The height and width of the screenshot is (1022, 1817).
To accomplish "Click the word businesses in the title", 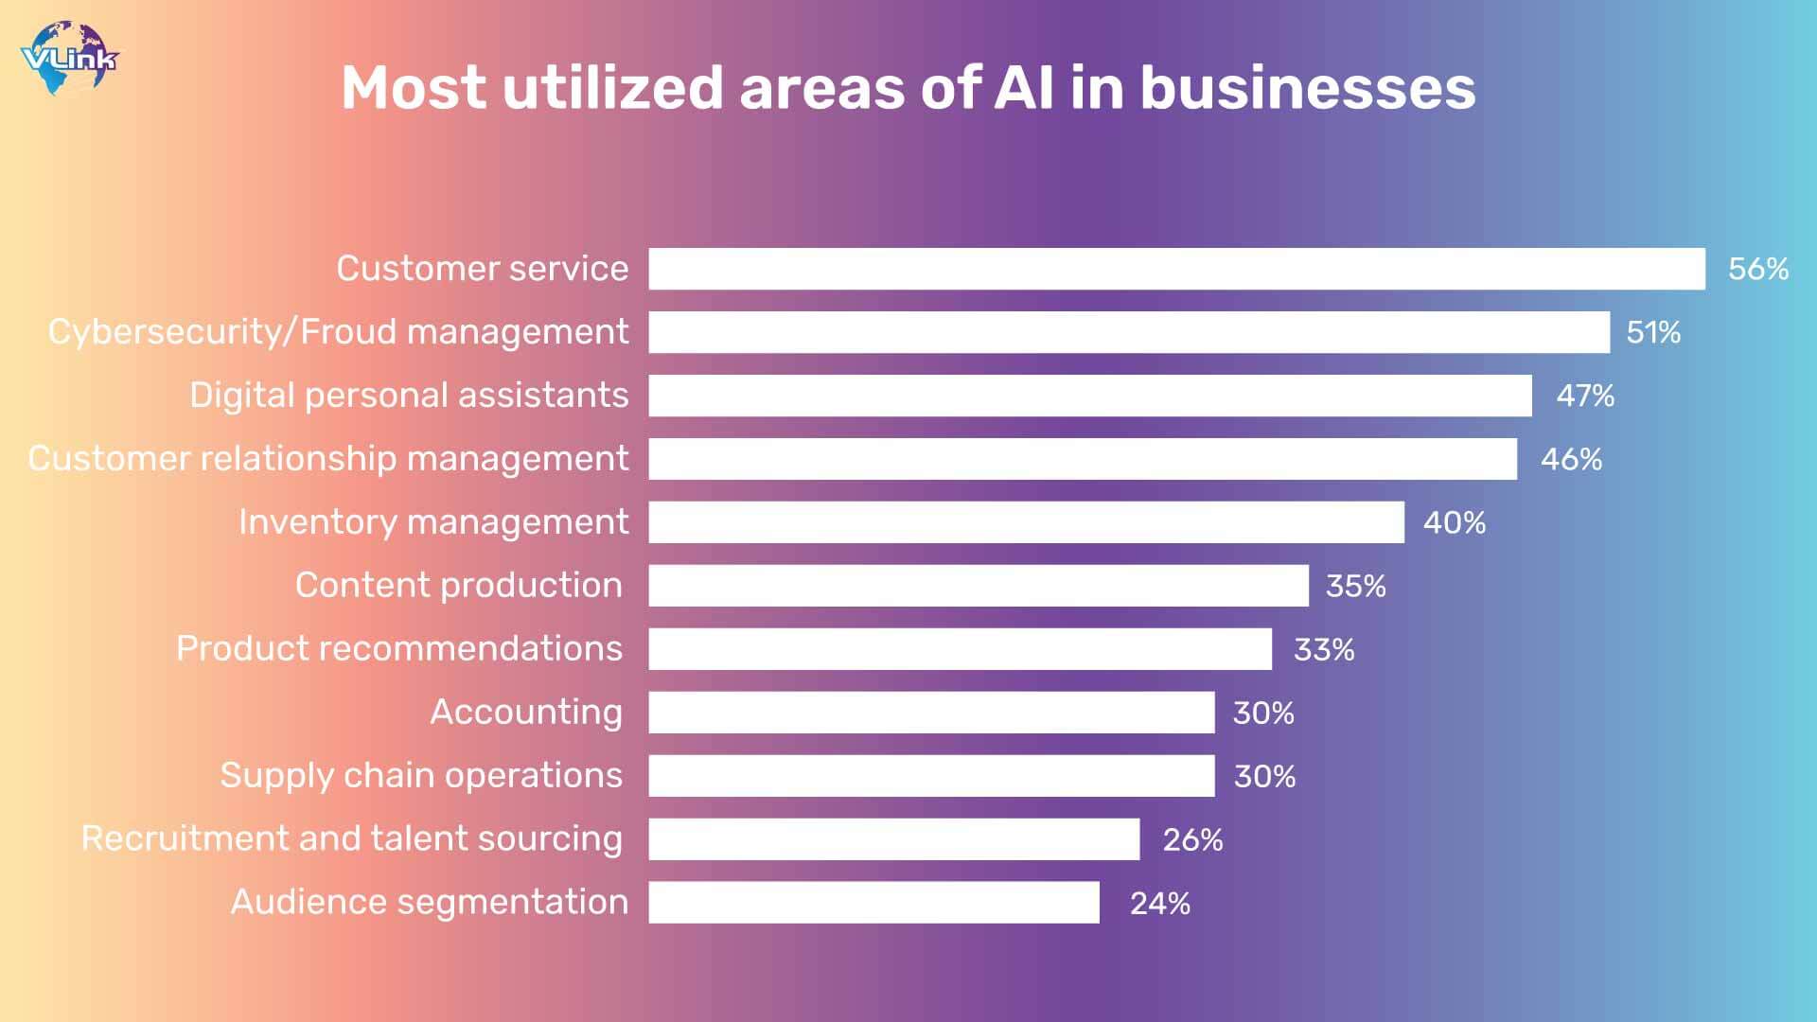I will pos(1307,88).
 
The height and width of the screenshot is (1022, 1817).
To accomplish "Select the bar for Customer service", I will pos(1176,269).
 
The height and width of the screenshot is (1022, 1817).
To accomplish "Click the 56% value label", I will pos(1757,269).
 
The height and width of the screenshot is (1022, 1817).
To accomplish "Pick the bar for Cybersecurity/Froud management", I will pos(1129,332).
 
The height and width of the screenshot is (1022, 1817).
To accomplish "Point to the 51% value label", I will pos(1653,332).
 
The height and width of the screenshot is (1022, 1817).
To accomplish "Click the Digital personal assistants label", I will pos(409,396).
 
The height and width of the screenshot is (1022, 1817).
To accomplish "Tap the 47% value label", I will pos(1585,396).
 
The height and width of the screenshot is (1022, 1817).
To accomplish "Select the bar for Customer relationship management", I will pos(1083,459).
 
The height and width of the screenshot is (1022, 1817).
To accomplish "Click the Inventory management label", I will pos(433,522).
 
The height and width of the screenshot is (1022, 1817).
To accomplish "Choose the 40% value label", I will pos(1455,522).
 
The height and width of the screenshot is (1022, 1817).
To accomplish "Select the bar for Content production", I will pos(979,586).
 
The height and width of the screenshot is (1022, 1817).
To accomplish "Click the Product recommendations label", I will pos(399,649).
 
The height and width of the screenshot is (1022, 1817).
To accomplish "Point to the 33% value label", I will pos(1324,650).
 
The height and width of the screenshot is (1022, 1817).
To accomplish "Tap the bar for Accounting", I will pos(931,713).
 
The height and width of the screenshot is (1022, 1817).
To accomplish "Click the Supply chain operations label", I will pos(421,776).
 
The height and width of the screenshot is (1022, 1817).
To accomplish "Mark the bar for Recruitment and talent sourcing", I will pos(894,839).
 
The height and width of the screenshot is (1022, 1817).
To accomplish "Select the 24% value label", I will pos(1160,904).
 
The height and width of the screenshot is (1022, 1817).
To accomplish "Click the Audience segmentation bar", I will pos(873,903).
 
